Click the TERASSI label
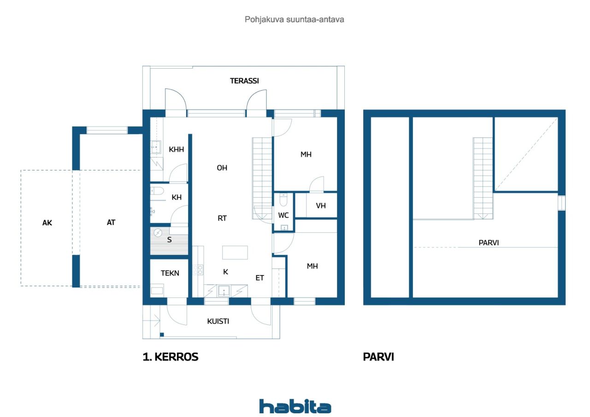coord(244,81)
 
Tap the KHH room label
coord(176,150)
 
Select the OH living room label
coord(222,168)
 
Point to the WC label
coord(283,215)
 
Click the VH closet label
coord(320,206)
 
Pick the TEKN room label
coord(170,273)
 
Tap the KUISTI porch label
coord(218,321)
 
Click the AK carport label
coord(47,223)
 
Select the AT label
coord(111,223)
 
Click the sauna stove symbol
coord(158,233)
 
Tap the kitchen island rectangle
coord(235,253)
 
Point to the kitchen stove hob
coord(198,270)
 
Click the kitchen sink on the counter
coord(224,291)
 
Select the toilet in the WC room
coord(283,200)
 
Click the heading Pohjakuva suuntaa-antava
coord(294,19)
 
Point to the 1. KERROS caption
coord(171,357)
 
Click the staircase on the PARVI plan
coord(483,178)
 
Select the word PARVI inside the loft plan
coord(489,243)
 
